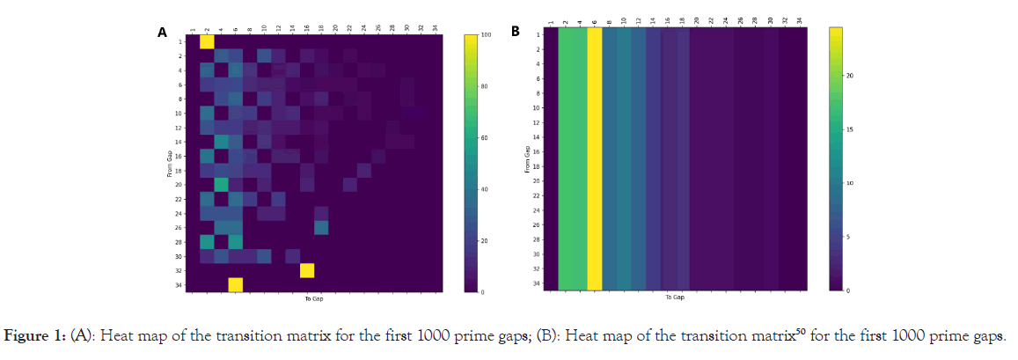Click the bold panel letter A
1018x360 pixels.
click(162, 33)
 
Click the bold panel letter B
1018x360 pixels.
click(516, 33)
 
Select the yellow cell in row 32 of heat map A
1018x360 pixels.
click(307, 270)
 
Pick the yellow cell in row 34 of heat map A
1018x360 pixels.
click(236, 284)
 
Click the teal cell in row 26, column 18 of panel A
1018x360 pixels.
click(321, 227)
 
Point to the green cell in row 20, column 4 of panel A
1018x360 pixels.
click(222, 184)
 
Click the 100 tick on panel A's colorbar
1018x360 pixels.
click(487, 34)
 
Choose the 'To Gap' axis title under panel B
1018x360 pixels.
click(675, 298)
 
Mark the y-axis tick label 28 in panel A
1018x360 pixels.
click(179, 241)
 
